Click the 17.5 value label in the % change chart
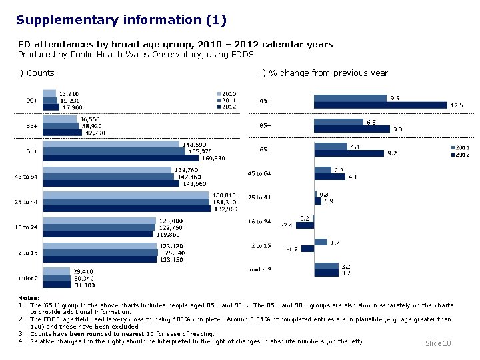pos(457,105)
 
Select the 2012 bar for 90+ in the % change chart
pos(380,105)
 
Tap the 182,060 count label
pos(225,209)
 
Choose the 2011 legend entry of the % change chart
pos(461,147)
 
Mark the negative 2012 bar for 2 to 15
pos(307,249)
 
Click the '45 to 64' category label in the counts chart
pos(27,177)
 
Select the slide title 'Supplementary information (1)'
pos(121,20)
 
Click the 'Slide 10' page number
pos(438,343)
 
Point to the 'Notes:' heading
pos(29,298)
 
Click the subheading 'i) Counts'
pos(36,73)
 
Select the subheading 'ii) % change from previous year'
pos(323,73)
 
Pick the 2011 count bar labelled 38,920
pos(61,125)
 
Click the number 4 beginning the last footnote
pos(21,341)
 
